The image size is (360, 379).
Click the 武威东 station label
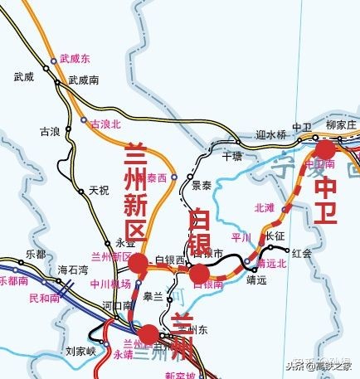point(75,60)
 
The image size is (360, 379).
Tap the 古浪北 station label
point(105,122)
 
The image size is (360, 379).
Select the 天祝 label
point(99,190)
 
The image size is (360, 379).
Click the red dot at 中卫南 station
point(324,149)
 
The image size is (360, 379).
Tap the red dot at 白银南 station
point(199,274)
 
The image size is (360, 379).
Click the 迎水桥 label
point(270,134)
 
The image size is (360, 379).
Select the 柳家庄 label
point(340,125)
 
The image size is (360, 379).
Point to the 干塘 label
point(233,155)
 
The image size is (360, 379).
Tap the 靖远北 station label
point(272,264)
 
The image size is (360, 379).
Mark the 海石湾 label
point(73,270)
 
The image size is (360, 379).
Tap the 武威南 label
point(84,80)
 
